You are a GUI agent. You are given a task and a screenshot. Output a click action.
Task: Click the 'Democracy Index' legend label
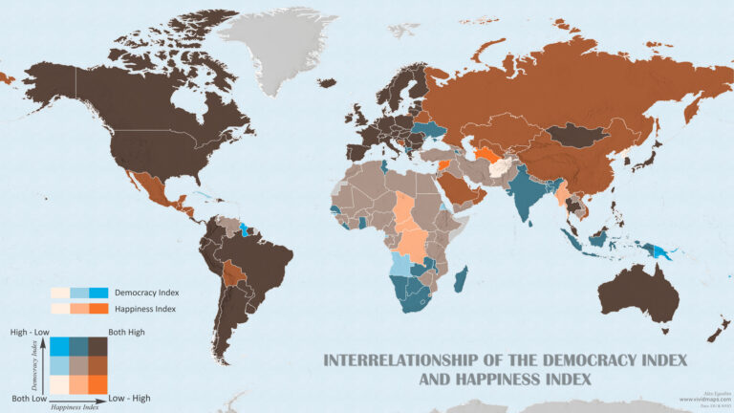pyautogui.click(x=146, y=293)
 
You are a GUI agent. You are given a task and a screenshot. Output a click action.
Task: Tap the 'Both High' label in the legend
pyautogui.click(x=127, y=331)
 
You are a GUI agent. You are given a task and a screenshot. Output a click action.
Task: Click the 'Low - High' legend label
pyautogui.click(x=129, y=397)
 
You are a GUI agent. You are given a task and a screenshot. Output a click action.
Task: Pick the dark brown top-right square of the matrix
pyautogui.click(x=97, y=346)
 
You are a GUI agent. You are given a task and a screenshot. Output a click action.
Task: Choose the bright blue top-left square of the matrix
pyautogui.click(x=59, y=346)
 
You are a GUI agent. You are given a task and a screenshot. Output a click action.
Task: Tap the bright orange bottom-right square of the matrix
pyautogui.click(x=97, y=383)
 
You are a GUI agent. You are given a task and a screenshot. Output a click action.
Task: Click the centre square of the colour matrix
pyautogui.click(x=78, y=365)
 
